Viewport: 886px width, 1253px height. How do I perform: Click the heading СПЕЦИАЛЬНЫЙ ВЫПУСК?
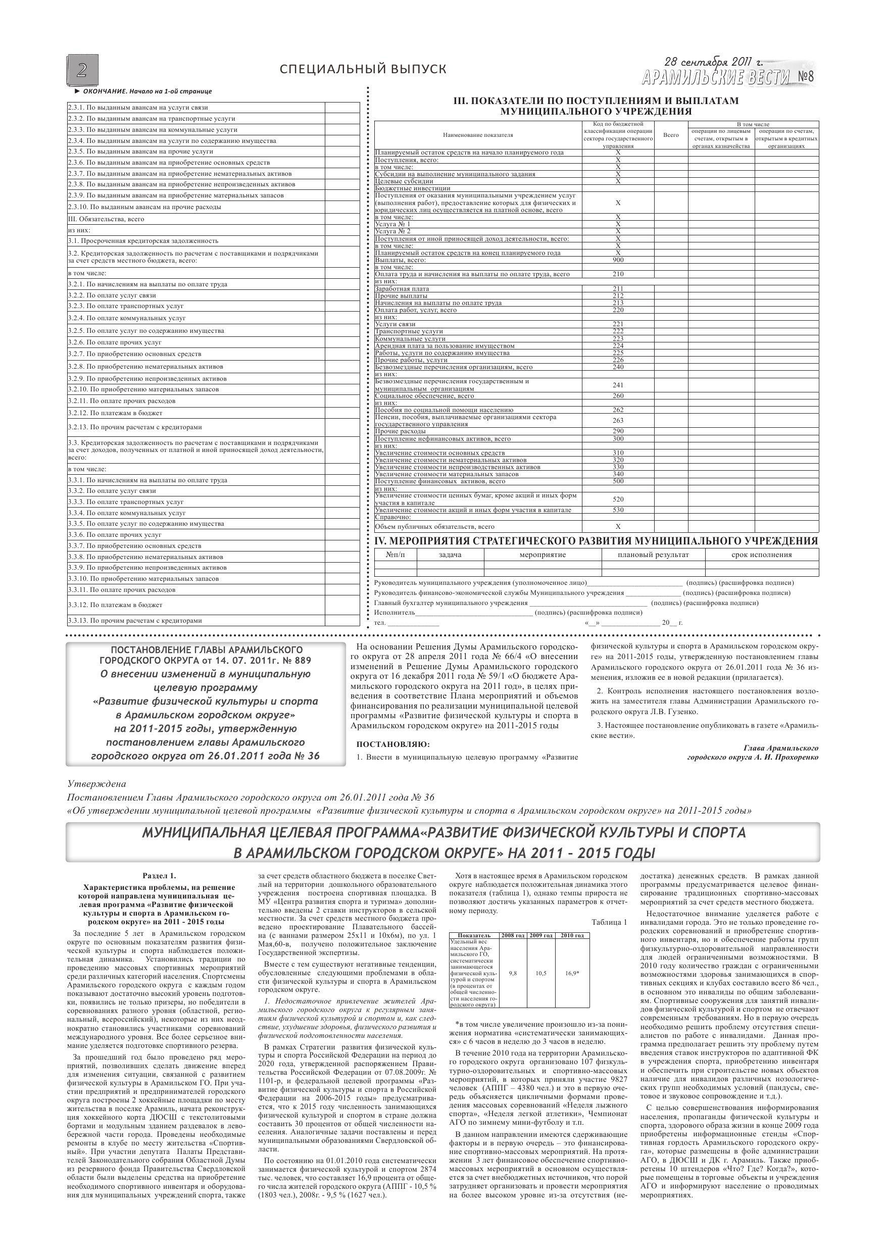point(363,69)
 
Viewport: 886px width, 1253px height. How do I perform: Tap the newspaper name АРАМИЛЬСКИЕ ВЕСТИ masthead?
point(715,77)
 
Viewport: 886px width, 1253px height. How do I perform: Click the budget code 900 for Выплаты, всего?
point(618,260)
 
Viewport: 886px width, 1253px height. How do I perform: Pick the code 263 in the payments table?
point(618,421)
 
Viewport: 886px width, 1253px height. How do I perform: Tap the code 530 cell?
point(618,510)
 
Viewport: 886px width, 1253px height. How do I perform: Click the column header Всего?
point(671,135)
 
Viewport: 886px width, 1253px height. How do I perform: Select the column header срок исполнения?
point(762,555)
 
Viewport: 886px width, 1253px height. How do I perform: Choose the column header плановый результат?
point(653,555)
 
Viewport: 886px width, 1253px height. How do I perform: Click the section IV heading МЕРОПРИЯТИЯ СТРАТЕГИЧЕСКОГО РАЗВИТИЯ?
point(596,541)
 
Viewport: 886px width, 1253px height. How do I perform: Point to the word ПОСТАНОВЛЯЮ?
point(392,744)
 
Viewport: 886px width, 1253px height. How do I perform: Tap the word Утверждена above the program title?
point(96,784)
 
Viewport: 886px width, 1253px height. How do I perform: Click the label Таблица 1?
point(609,922)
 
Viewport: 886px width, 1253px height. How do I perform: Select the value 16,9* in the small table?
point(572,973)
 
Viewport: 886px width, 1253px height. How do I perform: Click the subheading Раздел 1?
point(159,876)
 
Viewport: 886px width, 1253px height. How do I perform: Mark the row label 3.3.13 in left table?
point(135,621)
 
